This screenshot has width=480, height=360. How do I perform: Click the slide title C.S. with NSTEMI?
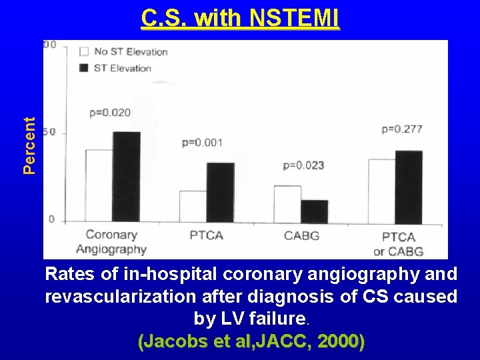(x=240, y=19)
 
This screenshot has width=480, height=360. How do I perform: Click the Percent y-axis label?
(x=29, y=145)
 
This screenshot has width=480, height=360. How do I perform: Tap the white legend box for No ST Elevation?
(x=84, y=51)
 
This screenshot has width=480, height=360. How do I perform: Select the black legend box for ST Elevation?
(x=84, y=67)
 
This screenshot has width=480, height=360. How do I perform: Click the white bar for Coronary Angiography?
(x=99, y=185)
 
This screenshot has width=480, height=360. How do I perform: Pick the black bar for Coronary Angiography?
(x=127, y=177)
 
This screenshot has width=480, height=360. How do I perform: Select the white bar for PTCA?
(x=193, y=206)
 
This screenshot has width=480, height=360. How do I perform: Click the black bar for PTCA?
(x=221, y=192)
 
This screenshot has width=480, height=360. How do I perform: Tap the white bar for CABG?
(x=287, y=203)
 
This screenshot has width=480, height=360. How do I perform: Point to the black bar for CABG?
(x=315, y=211)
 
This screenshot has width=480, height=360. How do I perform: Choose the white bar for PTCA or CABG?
(x=382, y=190)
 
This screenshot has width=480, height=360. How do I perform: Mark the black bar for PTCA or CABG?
(x=409, y=186)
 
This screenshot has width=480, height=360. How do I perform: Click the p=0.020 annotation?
(x=110, y=113)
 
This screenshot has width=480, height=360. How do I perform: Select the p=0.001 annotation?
(x=202, y=143)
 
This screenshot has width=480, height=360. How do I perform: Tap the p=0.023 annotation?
(x=303, y=165)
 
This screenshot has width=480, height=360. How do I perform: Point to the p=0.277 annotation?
(x=402, y=129)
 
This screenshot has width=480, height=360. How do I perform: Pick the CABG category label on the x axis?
(x=301, y=235)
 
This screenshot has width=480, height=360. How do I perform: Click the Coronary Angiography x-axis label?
(x=111, y=242)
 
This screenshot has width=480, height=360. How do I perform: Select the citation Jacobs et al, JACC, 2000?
(x=251, y=342)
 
